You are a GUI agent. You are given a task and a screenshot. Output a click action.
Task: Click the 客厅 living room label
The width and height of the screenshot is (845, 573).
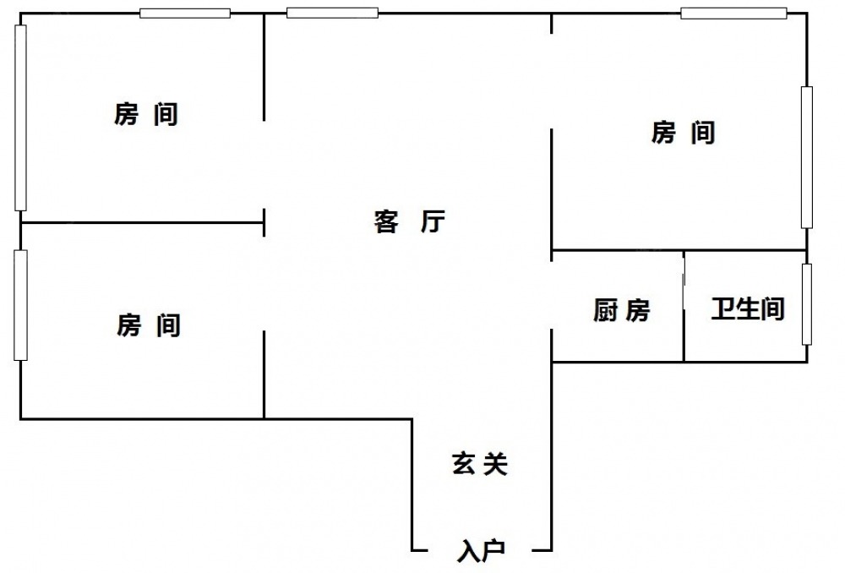pos(409,222)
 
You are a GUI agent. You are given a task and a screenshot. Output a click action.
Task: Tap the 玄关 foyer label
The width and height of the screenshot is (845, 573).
pos(479,464)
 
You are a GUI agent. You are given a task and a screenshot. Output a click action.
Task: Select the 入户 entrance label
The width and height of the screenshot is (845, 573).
pos(481,551)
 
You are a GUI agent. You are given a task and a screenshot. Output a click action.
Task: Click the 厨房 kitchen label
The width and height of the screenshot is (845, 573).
pos(621,312)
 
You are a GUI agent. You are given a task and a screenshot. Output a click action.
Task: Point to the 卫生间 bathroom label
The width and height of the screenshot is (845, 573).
pos(748,309)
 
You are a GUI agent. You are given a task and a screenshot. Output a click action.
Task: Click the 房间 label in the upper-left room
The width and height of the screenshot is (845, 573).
pos(146,114)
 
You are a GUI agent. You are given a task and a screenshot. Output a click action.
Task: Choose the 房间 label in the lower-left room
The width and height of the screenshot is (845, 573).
pos(149,325)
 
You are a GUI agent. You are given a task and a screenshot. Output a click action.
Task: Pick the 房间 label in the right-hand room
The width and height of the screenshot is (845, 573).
pos(684,133)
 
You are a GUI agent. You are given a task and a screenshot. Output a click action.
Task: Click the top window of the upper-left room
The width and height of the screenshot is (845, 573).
pos(185,13)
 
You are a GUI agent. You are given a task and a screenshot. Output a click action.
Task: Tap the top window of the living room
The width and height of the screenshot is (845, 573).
pos(332,13)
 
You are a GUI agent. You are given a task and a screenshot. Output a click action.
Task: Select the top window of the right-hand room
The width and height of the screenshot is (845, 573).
pos(733,13)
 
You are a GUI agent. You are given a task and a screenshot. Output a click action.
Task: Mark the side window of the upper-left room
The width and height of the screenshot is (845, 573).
pos(20,117)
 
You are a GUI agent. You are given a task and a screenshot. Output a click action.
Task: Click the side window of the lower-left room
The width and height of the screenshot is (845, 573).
pos(20,305)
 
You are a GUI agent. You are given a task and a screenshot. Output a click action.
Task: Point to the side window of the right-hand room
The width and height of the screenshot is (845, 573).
pos(806,157)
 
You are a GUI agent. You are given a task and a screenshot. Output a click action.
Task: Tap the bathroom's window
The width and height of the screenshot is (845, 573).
pos(806,304)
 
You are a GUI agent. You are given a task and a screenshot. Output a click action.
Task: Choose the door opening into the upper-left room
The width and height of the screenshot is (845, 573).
pos(264,165)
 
